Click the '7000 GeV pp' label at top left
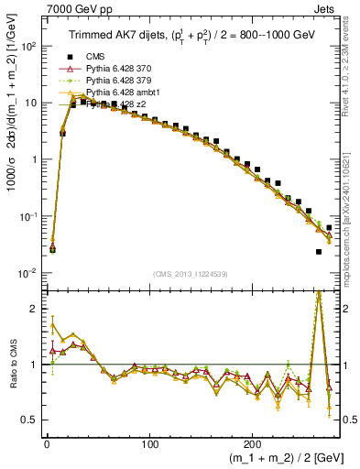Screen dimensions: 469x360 [61, 7]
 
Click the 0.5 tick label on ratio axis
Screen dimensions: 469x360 [27, 420]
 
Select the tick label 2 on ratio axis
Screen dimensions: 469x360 [33, 309]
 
